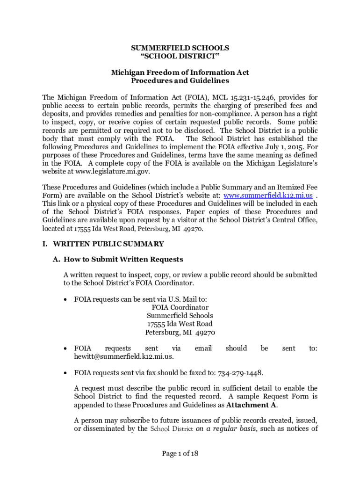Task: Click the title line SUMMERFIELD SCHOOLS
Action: [180, 48]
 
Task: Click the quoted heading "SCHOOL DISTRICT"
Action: [180, 56]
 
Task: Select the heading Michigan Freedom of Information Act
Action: [180, 73]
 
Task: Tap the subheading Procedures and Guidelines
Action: [180, 80]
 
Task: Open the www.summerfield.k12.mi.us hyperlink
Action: [268, 196]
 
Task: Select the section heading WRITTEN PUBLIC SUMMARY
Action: [108, 244]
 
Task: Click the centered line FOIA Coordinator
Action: [180, 307]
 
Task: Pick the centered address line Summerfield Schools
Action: [180, 316]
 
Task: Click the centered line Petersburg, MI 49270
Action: [180, 333]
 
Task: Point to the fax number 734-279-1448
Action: [240, 372]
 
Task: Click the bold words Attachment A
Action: [252, 405]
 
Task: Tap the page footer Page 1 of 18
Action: [180, 453]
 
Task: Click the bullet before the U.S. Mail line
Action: [66, 299]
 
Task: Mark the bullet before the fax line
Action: [66, 373]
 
